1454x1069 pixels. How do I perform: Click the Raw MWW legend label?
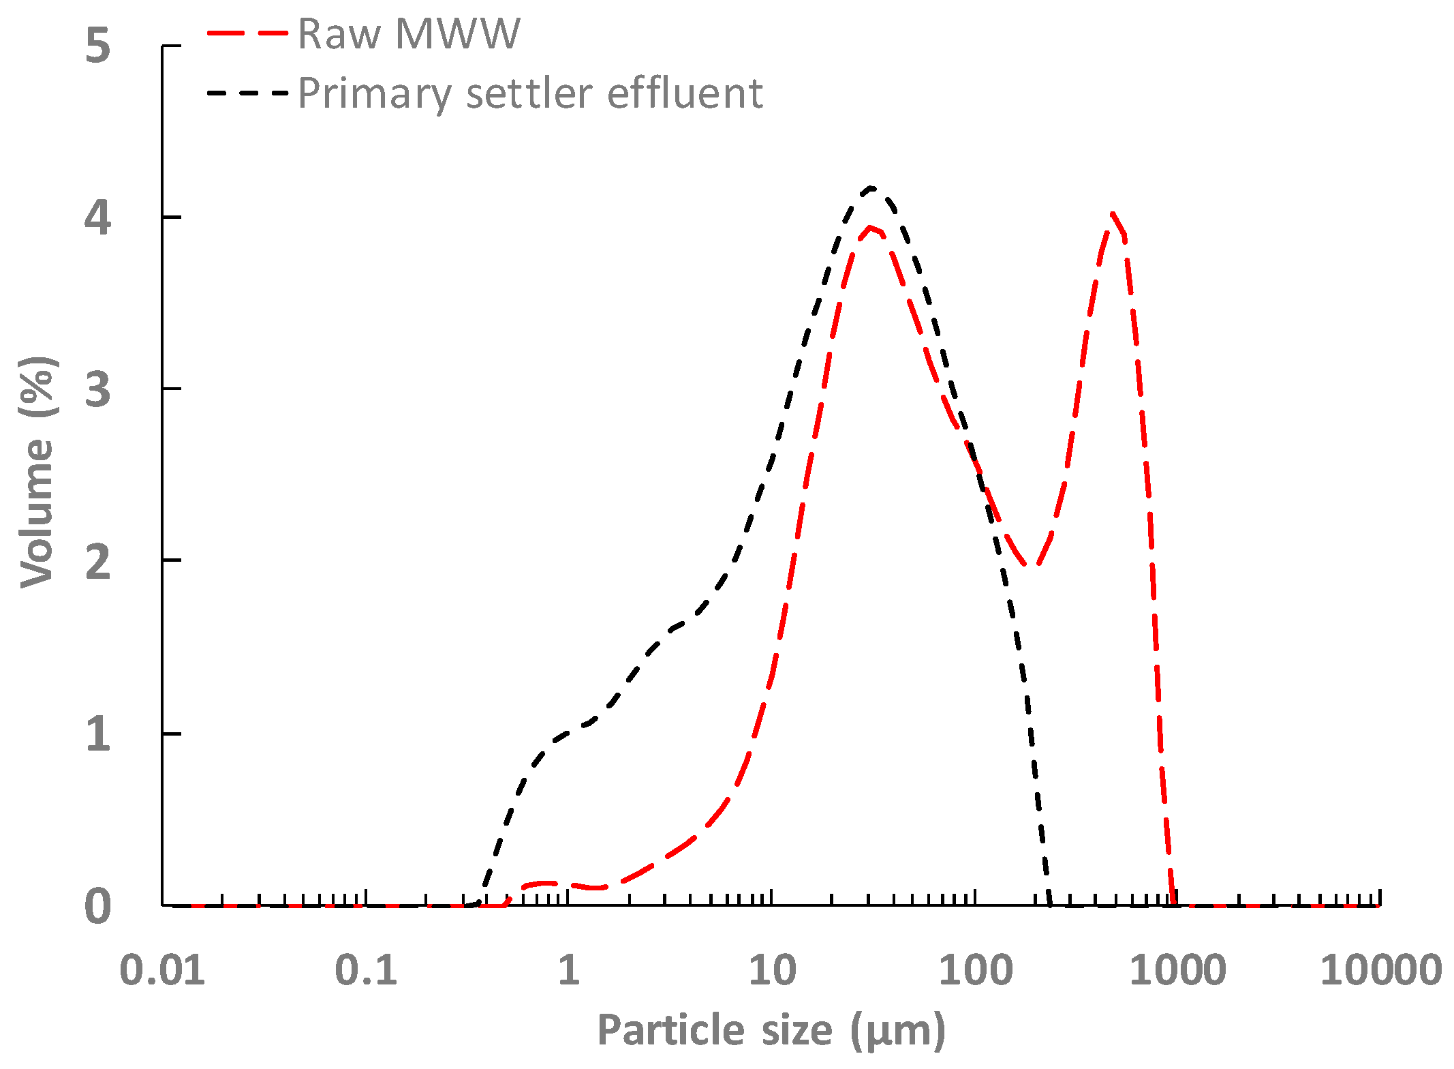409,33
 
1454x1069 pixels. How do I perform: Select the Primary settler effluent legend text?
530,93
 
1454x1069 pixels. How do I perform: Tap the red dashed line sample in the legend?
247,33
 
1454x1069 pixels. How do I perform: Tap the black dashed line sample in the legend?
247,93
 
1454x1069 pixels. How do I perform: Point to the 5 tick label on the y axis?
97,46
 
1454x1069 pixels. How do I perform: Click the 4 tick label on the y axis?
97,218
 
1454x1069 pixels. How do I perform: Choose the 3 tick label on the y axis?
97,390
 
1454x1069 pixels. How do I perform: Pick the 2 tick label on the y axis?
97,562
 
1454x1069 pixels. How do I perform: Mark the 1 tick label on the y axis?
97,734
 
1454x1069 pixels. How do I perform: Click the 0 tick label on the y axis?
97,907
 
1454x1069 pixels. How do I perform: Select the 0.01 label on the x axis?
162,970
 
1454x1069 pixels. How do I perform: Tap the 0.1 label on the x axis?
366,970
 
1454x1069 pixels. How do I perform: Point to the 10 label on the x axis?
772,970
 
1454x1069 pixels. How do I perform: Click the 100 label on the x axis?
975,970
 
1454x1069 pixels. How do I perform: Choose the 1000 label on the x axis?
1177,970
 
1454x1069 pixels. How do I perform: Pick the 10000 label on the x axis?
1380,970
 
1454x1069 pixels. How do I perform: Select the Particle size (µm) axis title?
771,1030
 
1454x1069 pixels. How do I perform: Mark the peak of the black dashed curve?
871,187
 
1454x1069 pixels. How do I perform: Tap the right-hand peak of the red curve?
1113,214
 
